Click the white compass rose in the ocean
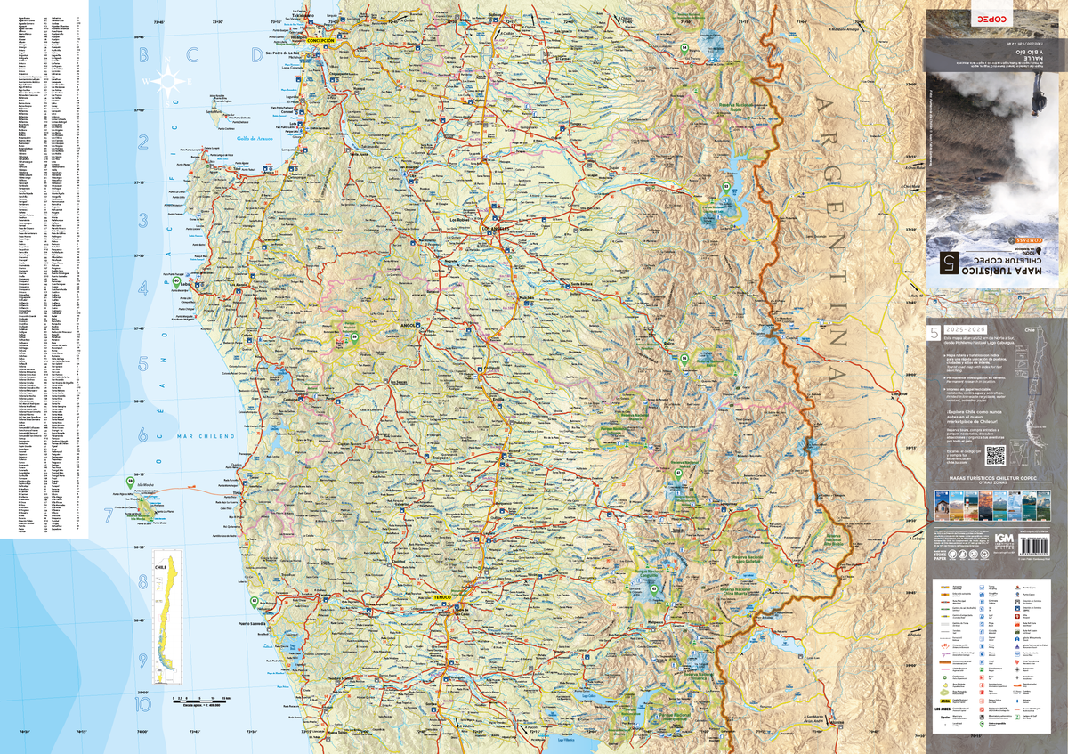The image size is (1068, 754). tap(166, 83)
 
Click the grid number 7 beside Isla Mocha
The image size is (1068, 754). tap(109, 515)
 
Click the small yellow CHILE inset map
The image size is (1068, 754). tap(162, 623)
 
